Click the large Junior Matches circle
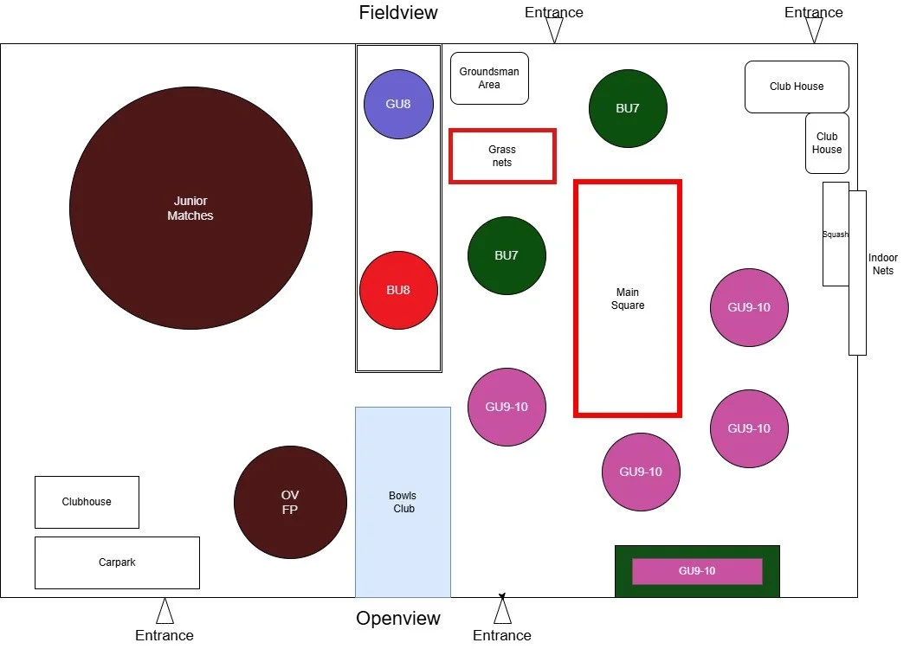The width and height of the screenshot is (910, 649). (x=190, y=208)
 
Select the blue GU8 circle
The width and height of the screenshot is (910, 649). (x=398, y=104)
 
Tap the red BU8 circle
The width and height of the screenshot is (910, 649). (x=398, y=290)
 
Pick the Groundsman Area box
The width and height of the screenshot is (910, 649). (x=489, y=79)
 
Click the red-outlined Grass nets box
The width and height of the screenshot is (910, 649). (x=502, y=156)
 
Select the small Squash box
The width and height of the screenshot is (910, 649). (x=835, y=234)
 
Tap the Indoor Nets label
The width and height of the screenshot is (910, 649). (x=883, y=264)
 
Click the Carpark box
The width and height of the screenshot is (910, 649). (x=117, y=562)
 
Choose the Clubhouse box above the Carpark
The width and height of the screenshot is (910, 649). (x=87, y=502)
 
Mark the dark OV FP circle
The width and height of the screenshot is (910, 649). (x=290, y=502)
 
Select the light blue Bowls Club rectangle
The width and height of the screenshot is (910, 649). (x=403, y=502)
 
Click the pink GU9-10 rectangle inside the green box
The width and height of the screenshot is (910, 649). (x=697, y=571)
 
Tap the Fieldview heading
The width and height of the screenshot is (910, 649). (x=398, y=12)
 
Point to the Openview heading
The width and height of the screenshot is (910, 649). (x=398, y=619)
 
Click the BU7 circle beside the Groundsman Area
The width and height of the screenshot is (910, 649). (x=628, y=108)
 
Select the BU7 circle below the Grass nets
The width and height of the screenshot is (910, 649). (x=507, y=255)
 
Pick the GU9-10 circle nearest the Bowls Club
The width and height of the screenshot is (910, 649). (x=507, y=407)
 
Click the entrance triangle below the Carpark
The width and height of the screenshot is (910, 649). (x=165, y=612)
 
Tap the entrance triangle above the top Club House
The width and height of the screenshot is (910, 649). (x=814, y=30)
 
